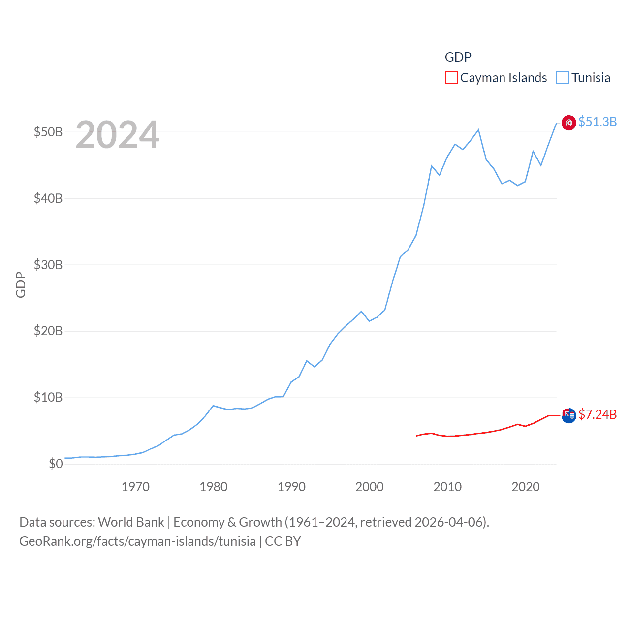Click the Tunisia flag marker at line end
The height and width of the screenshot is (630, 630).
(x=568, y=123)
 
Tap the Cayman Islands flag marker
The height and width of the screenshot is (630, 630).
(x=568, y=415)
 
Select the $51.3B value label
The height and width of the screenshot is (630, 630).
(x=598, y=122)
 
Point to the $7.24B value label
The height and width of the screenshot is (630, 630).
(x=598, y=414)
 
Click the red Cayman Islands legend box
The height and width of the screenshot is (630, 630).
(x=451, y=78)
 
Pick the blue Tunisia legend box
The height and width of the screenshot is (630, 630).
(x=563, y=78)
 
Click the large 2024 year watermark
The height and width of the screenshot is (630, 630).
(x=117, y=135)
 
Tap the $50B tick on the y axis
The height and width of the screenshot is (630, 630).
(x=48, y=132)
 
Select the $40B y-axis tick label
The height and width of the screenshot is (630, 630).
(x=48, y=198)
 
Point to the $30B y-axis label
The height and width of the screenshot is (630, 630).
(x=48, y=265)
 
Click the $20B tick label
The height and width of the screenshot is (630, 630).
(x=48, y=331)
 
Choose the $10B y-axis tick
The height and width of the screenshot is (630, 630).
(x=48, y=397)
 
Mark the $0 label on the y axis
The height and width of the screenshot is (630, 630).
(x=56, y=464)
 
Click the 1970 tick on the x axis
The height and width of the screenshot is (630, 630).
(x=135, y=487)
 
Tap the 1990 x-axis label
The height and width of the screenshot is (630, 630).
(x=291, y=487)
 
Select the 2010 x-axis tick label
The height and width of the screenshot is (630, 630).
(x=447, y=487)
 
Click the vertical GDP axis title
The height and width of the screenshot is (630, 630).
(x=21, y=284)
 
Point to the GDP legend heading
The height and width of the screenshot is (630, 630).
(x=458, y=57)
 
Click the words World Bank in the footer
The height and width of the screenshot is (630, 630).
(x=131, y=522)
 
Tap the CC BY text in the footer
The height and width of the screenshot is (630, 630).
(x=283, y=541)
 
